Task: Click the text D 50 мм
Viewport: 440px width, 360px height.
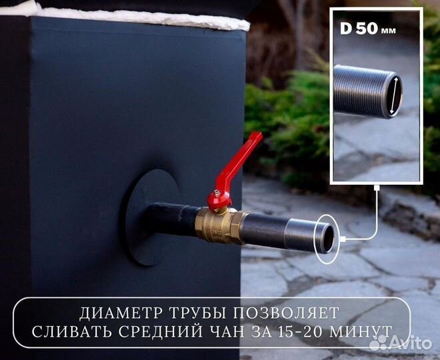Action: point(367,31)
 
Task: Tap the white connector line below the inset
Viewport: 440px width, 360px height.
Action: point(377,213)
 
